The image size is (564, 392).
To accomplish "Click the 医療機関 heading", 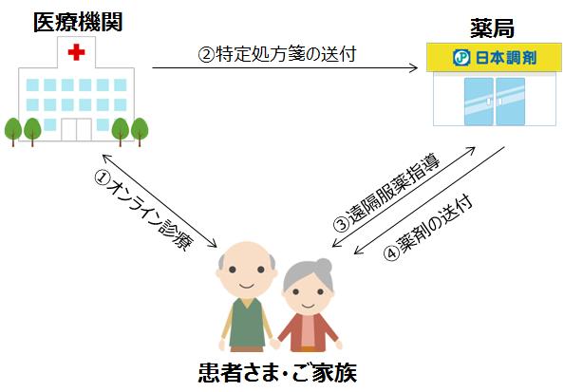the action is [78, 22].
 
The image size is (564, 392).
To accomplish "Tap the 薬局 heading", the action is [492, 28].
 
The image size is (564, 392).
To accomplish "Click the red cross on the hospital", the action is [76, 52].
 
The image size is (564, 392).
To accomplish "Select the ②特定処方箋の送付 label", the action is [277, 54].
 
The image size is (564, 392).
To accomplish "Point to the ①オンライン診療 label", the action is [144, 210].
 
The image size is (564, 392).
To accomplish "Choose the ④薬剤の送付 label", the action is [427, 227].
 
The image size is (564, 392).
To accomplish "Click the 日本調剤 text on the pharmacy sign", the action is [506, 58].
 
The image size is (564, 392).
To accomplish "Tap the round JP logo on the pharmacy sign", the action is [461, 58].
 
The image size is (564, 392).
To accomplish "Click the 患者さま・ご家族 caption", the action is [277, 372].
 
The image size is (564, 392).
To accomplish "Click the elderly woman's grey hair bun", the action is [324, 267].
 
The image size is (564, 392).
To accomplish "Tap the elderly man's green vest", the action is [247, 323].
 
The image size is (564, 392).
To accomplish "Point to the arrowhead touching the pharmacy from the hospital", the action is [414, 67].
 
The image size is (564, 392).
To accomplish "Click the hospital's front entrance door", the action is [76, 129].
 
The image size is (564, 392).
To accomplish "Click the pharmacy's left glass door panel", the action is [479, 102].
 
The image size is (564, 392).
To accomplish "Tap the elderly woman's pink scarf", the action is [309, 331].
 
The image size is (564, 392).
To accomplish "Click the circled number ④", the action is [391, 252].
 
